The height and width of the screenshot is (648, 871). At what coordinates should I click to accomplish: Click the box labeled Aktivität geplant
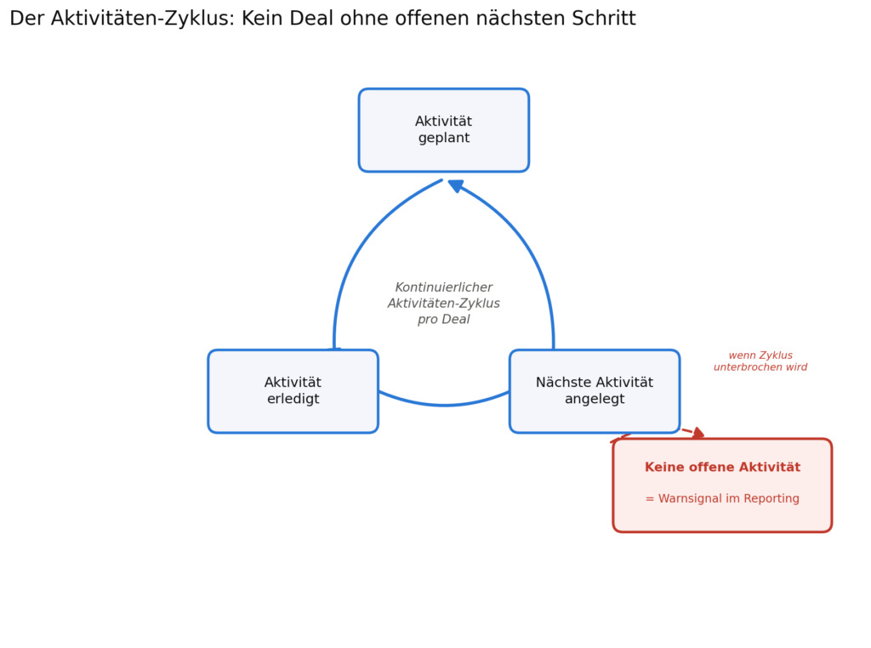click(444, 130)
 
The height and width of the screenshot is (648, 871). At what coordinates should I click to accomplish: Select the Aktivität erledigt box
click(293, 391)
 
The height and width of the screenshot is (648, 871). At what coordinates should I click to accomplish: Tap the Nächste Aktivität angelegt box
click(595, 391)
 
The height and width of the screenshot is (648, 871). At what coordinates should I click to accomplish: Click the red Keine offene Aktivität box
click(722, 486)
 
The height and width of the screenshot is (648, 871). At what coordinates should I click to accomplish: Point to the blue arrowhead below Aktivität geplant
click(456, 186)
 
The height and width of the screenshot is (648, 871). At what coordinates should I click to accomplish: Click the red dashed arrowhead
click(699, 433)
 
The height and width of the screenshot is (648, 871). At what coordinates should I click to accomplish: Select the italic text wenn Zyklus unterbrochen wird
click(760, 361)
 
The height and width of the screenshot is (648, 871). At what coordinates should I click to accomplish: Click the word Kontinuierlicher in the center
click(444, 287)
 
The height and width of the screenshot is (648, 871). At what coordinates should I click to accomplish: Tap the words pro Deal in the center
click(444, 319)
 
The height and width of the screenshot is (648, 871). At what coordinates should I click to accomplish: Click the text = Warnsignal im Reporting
click(722, 498)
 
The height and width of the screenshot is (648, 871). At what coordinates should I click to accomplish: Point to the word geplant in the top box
click(444, 139)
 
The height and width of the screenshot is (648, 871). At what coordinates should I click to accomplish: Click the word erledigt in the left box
click(293, 399)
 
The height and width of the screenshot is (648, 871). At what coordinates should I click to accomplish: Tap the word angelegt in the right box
click(595, 399)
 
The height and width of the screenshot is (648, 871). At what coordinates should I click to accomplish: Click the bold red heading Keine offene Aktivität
click(722, 467)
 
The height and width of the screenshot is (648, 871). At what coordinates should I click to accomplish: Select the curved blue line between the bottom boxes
click(444, 406)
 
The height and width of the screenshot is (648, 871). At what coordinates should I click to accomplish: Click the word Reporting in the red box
click(771, 498)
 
